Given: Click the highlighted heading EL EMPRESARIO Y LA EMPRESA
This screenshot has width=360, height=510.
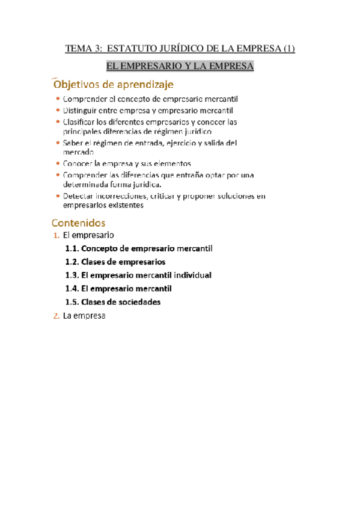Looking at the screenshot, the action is [x=180, y=66].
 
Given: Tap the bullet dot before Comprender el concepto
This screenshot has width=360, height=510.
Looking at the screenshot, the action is [x=57, y=99].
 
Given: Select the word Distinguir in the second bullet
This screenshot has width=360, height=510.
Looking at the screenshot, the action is [x=81, y=111].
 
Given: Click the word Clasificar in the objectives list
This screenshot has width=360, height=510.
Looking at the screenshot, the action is [x=82, y=121].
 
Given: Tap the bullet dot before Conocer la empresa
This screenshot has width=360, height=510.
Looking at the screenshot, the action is [x=57, y=164].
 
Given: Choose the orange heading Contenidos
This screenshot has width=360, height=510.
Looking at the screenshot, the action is [x=79, y=223].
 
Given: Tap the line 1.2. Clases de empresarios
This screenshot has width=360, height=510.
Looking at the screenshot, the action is [x=115, y=262].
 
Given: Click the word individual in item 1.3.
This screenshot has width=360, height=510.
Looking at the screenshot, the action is [x=192, y=275].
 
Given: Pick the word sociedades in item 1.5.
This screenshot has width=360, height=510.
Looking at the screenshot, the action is [x=139, y=302].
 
